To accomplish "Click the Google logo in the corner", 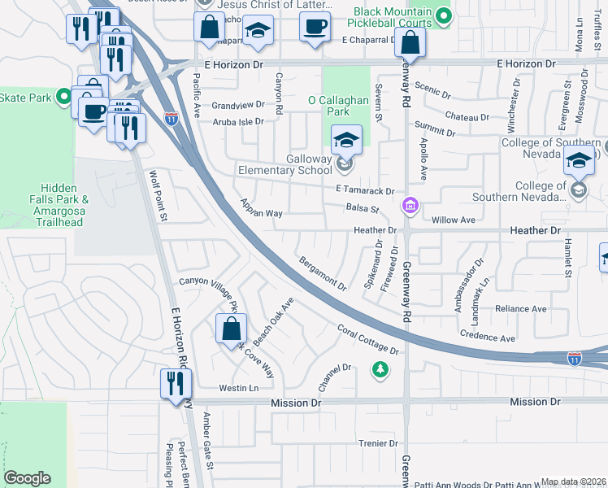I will click(x=28, y=478).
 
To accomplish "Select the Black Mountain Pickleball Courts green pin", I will click(x=443, y=15).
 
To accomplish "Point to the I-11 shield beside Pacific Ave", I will click(x=172, y=119).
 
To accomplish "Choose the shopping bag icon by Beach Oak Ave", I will click(x=231, y=329).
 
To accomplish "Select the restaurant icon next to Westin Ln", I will click(x=176, y=383).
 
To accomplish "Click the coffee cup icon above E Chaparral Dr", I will click(x=314, y=26).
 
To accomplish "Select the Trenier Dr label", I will click(x=378, y=444).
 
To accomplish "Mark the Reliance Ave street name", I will click(x=521, y=309).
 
